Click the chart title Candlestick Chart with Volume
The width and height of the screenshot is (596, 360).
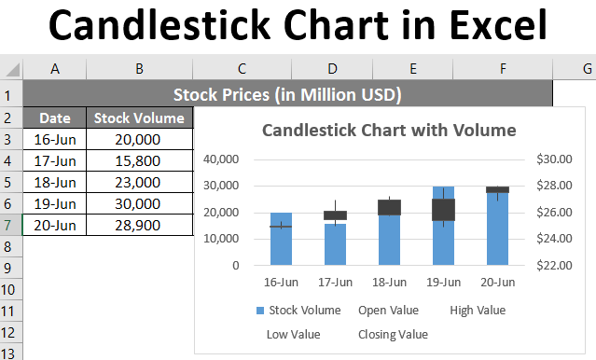389,130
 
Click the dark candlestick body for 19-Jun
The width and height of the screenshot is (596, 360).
443,209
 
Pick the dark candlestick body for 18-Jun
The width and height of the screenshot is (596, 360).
389,207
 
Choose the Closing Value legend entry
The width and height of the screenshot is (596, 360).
393,333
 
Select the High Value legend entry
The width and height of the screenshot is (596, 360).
477,310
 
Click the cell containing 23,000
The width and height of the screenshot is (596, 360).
138,182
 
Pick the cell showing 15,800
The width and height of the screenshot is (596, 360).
138,160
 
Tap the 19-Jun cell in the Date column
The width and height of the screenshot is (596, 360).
54,203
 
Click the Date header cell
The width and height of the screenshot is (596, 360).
54,118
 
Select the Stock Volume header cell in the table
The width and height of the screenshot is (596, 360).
138,118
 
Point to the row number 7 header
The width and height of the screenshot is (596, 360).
10,225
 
